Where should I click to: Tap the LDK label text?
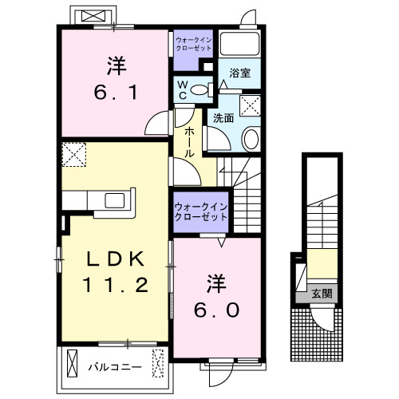[115, 259]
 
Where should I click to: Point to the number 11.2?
[115, 284]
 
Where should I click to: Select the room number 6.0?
[213, 308]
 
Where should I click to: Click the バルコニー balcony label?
[114, 367]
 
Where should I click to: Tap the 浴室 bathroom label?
[239, 72]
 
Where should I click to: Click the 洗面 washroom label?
[223, 118]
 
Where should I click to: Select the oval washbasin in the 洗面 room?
[251, 140]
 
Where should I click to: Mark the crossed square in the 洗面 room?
[251, 105]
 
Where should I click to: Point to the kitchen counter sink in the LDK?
[112, 200]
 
